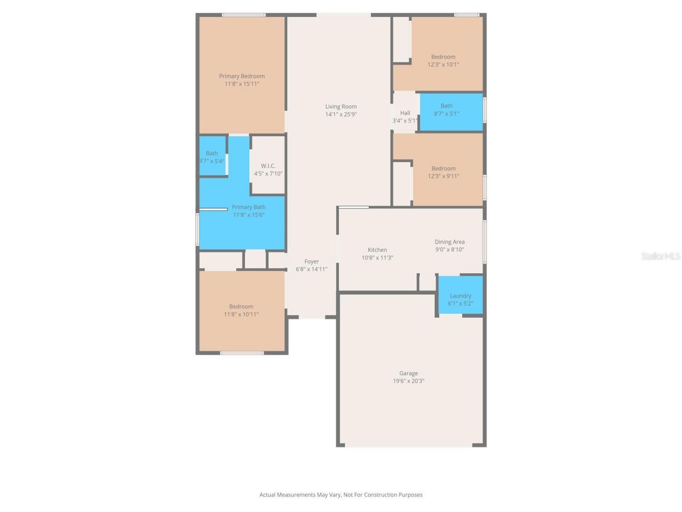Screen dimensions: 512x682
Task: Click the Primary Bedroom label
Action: pos(242,76)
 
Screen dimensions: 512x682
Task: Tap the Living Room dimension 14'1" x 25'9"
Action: pos(341,114)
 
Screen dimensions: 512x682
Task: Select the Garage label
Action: pos(409,373)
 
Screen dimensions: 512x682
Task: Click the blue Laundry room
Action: pos(460,295)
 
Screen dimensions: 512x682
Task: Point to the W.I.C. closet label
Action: pos(268,166)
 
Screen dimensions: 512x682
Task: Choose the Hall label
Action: pos(405,113)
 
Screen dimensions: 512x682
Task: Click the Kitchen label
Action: pos(377,250)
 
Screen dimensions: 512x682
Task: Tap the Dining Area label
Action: pos(450,242)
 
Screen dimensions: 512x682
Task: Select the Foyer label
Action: pos(312,261)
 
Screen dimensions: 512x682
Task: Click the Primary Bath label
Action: pos(249,207)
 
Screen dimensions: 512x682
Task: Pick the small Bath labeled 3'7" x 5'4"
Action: pos(212,157)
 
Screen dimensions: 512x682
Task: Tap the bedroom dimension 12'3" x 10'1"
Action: pos(443,65)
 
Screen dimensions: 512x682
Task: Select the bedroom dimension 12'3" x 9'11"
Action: pos(443,176)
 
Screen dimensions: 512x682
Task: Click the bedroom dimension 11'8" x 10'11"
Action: pos(241,314)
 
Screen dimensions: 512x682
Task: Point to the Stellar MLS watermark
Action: pos(661,257)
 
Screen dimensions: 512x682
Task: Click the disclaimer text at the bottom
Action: pos(341,495)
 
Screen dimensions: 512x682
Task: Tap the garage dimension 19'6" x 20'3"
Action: pos(409,381)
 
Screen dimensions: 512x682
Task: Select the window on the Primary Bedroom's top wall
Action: pos(243,15)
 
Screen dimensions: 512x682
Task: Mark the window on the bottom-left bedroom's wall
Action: pos(242,353)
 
